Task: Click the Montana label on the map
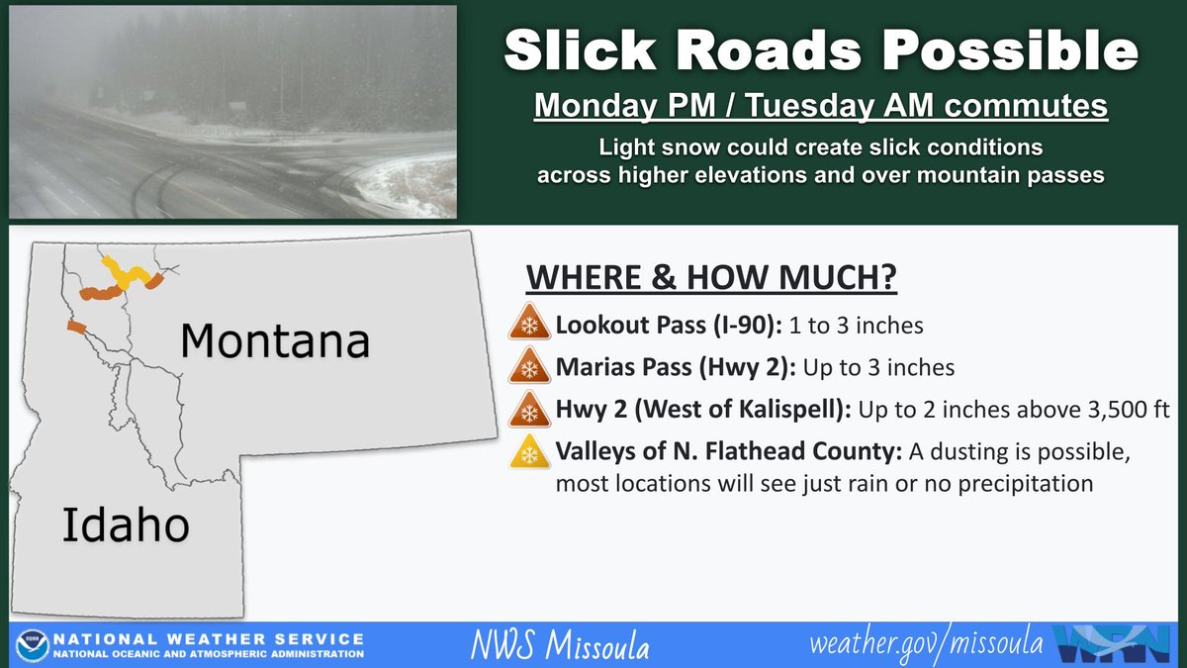pyautogui.click(x=275, y=340)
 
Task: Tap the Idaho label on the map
pyautogui.click(x=126, y=525)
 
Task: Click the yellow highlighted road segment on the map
pyautogui.click(x=125, y=272)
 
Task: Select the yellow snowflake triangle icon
pyautogui.click(x=529, y=451)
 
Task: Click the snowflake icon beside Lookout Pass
pyautogui.click(x=529, y=322)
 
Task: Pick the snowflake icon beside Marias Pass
pyautogui.click(x=529, y=365)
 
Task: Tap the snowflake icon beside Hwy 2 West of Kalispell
pyautogui.click(x=529, y=409)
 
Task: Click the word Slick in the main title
pyautogui.click(x=581, y=49)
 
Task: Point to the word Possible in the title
pyautogui.click(x=1010, y=49)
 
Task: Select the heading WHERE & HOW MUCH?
pyautogui.click(x=711, y=277)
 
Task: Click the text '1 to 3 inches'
pyautogui.click(x=856, y=326)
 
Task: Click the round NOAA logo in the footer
pyautogui.click(x=33, y=645)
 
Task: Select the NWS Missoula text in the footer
pyautogui.click(x=560, y=644)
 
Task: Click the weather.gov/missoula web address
pyautogui.click(x=926, y=644)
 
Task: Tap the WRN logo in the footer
pyautogui.click(x=1112, y=644)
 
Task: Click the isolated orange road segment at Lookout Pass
pyautogui.click(x=76, y=328)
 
